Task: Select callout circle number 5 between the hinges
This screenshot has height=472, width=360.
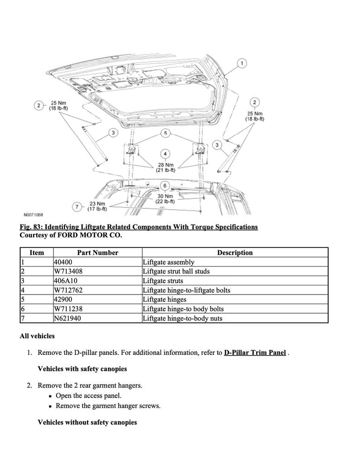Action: [x=165, y=133]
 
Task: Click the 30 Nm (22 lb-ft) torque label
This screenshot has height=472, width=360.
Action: [x=165, y=199]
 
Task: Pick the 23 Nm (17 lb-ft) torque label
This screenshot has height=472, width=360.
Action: [x=97, y=206]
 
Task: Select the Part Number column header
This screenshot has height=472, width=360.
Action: [x=97, y=253]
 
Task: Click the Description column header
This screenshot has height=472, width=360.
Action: [x=234, y=253]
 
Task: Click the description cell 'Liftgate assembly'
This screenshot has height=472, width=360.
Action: [x=168, y=262]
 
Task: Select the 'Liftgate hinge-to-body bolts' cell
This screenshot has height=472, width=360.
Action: [x=183, y=309]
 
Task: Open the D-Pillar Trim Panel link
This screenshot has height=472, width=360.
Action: [x=254, y=353]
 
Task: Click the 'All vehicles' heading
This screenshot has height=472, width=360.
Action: [x=37, y=336]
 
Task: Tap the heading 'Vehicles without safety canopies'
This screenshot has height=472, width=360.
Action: [x=87, y=423]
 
